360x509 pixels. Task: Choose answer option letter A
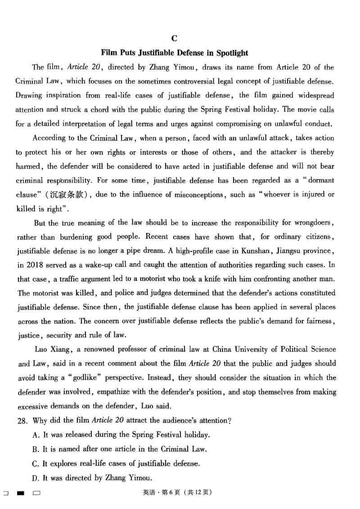pyautogui.click(x=36, y=435)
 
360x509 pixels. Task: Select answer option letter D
pyautogui.click(x=36, y=478)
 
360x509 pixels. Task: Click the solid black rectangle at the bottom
pyautogui.click(x=20, y=493)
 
